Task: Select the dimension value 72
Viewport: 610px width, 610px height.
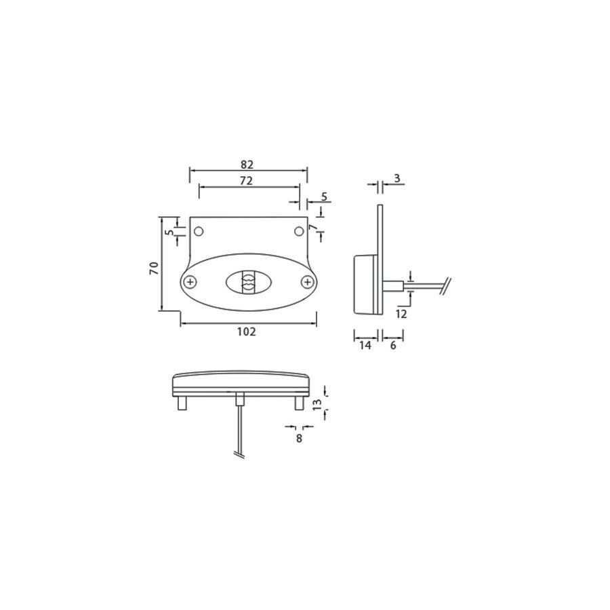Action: point(246,180)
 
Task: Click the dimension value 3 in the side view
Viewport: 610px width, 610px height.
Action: point(397,178)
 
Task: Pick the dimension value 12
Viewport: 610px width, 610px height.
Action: point(401,313)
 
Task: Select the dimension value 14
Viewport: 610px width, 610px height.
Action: point(365,345)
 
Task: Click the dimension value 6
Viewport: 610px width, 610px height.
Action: point(393,345)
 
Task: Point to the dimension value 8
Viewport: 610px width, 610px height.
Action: point(299,438)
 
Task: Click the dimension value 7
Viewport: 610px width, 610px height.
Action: point(312,228)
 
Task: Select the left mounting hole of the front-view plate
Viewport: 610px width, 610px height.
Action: point(199,232)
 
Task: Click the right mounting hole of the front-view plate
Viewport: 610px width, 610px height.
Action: point(298,232)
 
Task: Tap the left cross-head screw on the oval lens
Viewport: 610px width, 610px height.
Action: point(192,281)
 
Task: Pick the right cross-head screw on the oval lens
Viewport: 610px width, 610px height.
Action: point(308,281)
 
